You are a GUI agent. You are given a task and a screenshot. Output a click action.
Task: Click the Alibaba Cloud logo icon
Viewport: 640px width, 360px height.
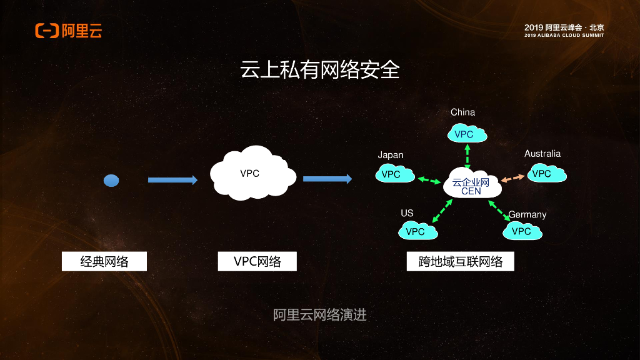[47, 31]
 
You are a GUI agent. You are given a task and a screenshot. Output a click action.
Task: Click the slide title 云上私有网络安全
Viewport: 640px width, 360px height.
[319, 70]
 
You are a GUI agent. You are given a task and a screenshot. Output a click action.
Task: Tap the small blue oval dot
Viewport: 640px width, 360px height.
[111, 181]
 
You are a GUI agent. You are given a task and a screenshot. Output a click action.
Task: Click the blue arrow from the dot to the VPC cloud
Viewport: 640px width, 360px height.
[172, 180]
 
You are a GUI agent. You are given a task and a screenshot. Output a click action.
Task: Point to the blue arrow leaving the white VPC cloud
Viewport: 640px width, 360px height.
[327, 179]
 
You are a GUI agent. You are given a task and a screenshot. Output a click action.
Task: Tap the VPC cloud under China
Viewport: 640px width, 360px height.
[467, 134]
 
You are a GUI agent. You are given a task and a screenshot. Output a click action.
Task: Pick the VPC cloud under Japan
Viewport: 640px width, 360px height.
[394, 174]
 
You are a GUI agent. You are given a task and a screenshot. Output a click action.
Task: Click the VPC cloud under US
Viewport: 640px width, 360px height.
[417, 231]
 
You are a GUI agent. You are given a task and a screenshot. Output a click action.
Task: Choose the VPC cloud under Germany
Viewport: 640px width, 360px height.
[522, 231]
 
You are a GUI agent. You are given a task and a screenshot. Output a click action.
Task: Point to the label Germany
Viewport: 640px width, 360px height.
[527, 214]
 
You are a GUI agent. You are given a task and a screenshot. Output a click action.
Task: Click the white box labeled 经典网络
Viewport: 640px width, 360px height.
[104, 261]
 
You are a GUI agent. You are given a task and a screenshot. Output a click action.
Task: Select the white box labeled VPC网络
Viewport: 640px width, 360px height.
[257, 261]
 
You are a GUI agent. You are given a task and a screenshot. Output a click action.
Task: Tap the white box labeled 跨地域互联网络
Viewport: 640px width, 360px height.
[460, 261]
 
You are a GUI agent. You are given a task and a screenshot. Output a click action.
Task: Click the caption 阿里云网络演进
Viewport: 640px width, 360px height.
[319, 315]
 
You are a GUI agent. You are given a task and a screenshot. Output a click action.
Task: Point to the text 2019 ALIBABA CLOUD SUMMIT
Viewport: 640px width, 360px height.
[564, 36]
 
